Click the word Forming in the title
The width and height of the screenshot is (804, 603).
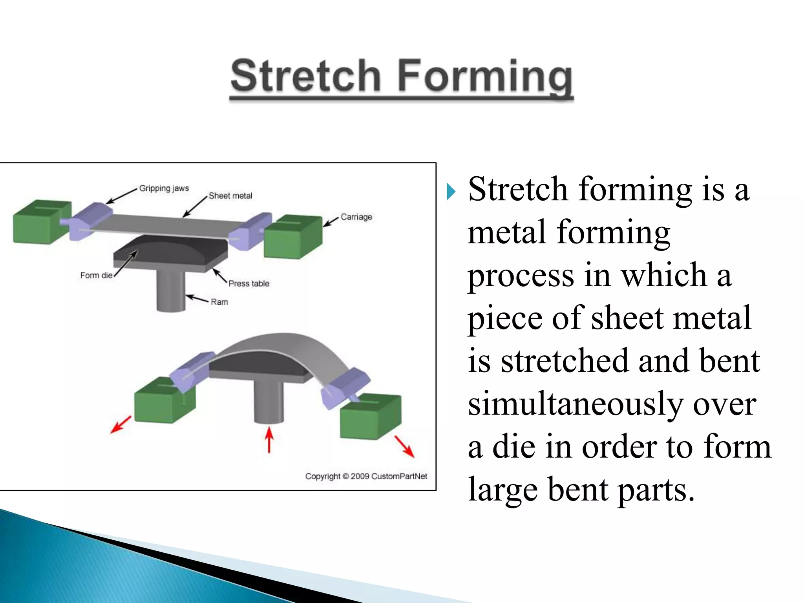[x=485, y=77]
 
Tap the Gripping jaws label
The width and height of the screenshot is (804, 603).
[x=164, y=188]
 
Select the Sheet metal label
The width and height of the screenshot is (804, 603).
[x=230, y=196]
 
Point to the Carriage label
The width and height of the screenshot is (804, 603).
[x=356, y=217]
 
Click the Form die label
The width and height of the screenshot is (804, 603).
[x=96, y=275]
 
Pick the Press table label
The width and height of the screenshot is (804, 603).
[x=249, y=283]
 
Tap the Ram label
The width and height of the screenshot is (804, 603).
[x=219, y=302]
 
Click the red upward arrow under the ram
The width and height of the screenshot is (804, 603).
[x=269, y=440]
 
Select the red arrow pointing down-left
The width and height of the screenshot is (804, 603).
[x=121, y=424]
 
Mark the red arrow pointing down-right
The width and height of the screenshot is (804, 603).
[x=404, y=446]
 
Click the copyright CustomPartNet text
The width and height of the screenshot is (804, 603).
[x=366, y=476]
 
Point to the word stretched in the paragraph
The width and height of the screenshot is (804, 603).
[x=564, y=361]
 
